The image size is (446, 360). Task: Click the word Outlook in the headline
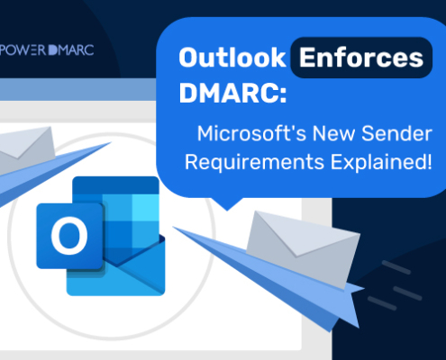[x=232, y=58]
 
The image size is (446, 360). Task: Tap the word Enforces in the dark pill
[x=361, y=58]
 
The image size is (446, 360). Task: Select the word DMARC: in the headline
[x=233, y=93]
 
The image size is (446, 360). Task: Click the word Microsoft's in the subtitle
[x=251, y=133]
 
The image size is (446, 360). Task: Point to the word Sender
[x=396, y=133]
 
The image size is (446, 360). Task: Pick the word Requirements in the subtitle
[x=255, y=162]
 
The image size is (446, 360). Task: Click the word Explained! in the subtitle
[x=381, y=162]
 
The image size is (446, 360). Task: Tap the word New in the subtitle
[x=334, y=133]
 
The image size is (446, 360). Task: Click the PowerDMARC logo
[x=47, y=50]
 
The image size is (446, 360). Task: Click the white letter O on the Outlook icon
[x=69, y=236]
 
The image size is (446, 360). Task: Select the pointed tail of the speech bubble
[x=227, y=204]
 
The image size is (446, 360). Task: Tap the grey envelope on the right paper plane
[x=303, y=249]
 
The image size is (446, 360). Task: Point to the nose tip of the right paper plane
[x=174, y=228]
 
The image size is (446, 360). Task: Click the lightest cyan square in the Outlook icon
[x=145, y=208]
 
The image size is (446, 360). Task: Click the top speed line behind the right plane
[x=396, y=267]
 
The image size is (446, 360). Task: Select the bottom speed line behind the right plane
[x=382, y=303]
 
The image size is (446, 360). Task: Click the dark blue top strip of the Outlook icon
[x=115, y=185]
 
